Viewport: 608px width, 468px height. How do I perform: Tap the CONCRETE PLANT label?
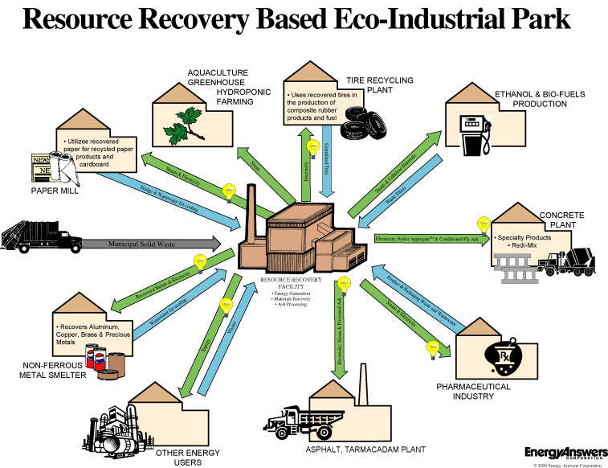562,220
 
